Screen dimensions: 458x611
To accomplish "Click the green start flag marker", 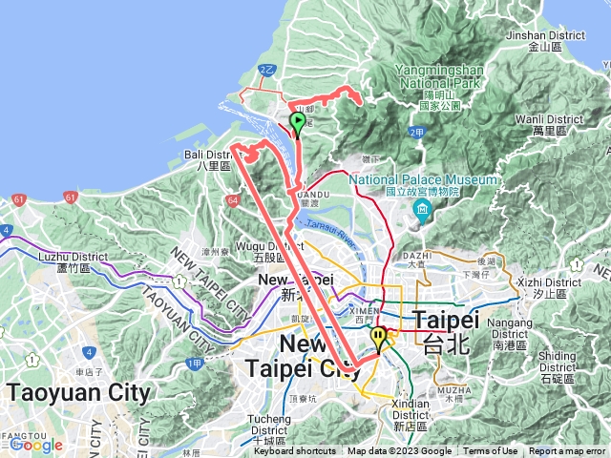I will (297, 123).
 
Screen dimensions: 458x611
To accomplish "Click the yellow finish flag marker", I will (379, 338).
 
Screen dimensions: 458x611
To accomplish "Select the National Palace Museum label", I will (422, 179).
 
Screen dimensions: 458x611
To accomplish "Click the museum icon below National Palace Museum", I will (421, 209).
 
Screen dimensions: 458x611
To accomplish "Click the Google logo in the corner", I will (36, 445).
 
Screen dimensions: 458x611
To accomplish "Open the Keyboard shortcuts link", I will (294, 451).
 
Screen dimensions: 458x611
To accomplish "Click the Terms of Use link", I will (491, 451).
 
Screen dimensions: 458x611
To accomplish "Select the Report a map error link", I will (568, 451).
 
